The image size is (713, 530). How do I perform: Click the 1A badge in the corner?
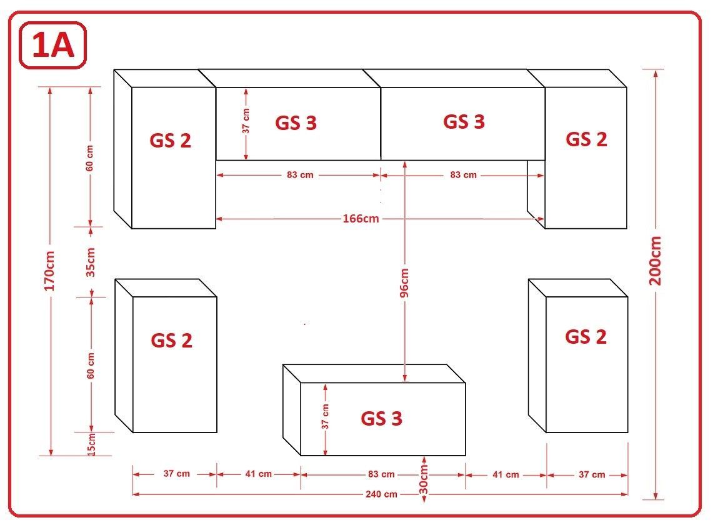click(x=52, y=46)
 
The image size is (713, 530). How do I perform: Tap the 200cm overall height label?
click(x=656, y=261)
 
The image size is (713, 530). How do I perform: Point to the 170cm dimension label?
click(x=49, y=271)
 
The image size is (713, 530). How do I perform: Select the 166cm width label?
click(x=361, y=219)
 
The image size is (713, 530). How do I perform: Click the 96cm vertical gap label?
click(x=404, y=283)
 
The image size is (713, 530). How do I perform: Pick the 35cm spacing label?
click(x=91, y=262)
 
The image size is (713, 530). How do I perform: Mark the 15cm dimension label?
click(x=91, y=444)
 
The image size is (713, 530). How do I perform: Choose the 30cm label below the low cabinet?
click(x=423, y=479)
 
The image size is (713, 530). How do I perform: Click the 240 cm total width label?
click(x=381, y=494)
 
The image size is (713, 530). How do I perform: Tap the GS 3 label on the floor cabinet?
click(x=382, y=419)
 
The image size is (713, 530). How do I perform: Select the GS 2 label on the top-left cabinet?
click(x=170, y=141)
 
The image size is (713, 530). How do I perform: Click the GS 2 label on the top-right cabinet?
click(x=586, y=139)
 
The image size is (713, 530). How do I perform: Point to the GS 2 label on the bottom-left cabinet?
click(x=171, y=341)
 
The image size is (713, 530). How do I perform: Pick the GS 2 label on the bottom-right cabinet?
click(x=586, y=337)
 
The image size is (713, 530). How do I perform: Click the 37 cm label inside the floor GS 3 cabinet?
click(x=325, y=416)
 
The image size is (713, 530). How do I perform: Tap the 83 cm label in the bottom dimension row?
click(x=381, y=474)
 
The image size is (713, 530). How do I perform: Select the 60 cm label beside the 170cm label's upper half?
click(x=89, y=158)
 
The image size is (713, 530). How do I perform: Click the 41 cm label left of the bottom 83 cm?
click(x=258, y=474)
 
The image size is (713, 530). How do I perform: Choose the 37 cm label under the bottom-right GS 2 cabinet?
click(x=592, y=475)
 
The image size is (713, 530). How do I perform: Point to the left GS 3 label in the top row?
click(x=296, y=123)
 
